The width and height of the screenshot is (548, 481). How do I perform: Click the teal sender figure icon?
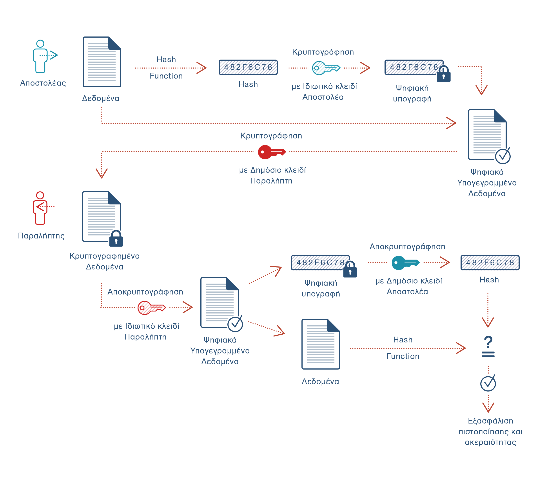[x=45, y=56]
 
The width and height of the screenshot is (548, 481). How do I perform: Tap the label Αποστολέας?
[x=43, y=83]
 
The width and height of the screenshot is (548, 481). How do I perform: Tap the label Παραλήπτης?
[x=42, y=236]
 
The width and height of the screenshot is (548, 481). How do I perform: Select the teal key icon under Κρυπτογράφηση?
[x=326, y=68]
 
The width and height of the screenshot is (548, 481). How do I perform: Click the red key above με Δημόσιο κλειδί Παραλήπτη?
[x=272, y=152]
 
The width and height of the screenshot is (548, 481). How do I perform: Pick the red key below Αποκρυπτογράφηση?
[x=151, y=308]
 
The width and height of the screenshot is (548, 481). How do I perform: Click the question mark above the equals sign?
[x=488, y=342]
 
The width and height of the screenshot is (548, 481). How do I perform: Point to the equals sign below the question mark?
[x=488, y=354]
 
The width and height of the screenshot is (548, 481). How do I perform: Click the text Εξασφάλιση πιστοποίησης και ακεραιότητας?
[x=490, y=431]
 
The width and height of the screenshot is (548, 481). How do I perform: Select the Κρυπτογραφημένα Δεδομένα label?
[x=105, y=261]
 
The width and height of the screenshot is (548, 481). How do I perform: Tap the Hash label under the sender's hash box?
[x=248, y=84]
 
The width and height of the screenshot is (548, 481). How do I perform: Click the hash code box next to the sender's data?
[x=248, y=67]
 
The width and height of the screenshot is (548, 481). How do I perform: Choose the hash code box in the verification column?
[x=490, y=263]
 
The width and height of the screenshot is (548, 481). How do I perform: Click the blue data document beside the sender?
[x=104, y=62]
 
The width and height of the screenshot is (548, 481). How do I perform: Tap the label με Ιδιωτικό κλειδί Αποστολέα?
[x=324, y=92]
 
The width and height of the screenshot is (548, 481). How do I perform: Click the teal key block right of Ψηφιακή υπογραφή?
[x=405, y=263]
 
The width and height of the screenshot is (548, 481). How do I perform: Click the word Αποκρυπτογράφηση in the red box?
[x=145, y=292]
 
